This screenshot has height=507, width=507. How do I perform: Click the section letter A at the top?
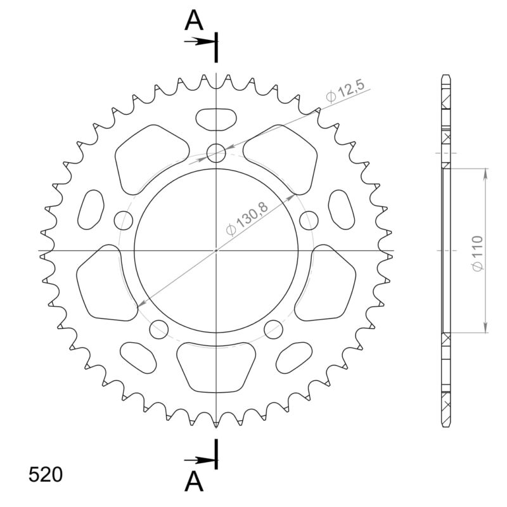click(x=194, y=21)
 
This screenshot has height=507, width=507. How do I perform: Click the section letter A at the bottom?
click(x=194, y=483)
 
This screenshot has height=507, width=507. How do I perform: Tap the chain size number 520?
click(x=45, y=475)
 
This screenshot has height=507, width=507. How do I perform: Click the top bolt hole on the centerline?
click(x=216, y=153)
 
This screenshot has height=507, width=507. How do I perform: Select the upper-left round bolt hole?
click(x=124, y=221)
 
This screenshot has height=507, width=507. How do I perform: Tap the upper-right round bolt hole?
click(x=309, y=221)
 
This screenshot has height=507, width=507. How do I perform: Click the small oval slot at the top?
click(x=216, y=119)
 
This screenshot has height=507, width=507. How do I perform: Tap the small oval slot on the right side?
click(x=342, y=209)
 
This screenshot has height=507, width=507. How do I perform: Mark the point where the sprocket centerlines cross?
click(x=216, y=250)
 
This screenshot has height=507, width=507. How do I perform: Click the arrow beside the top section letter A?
click(x=200, y=42)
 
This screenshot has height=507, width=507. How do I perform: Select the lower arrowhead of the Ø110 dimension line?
click(x=486, y=328)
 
